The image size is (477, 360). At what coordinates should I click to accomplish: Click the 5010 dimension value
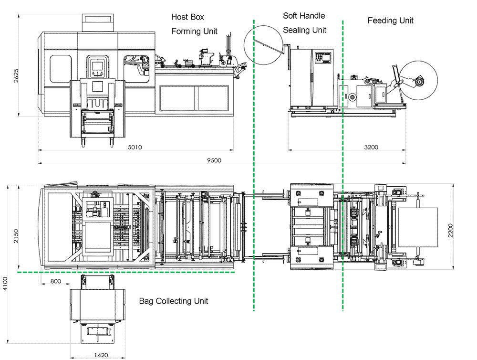point(135,147)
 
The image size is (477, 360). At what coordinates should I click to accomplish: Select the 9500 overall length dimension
point(214,160)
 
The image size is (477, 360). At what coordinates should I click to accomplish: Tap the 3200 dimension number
point(371,147)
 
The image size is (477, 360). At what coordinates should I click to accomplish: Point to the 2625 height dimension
point(16,75)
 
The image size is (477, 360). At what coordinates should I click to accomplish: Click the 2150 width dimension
point(16,236)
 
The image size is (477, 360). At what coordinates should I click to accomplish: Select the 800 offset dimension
point(56,281)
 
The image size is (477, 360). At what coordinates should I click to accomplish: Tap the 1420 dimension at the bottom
point(101,355)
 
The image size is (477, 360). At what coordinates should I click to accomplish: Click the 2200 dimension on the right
point(451,230)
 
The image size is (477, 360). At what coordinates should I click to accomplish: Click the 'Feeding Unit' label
point(391,21)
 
